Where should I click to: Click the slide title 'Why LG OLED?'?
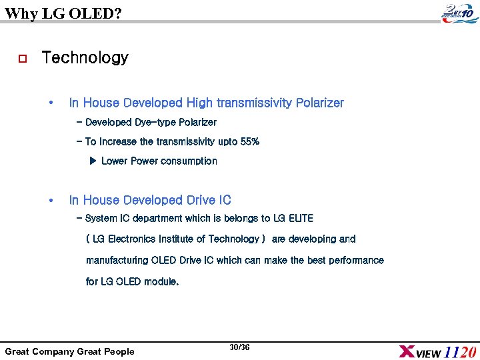pos(63,12)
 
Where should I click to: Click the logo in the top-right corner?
pos(459,12)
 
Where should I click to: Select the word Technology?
pos(85,58)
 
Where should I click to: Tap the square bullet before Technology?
pos(22,59)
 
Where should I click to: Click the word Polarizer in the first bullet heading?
pos(320,103)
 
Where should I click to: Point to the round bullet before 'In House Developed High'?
pos(51,103)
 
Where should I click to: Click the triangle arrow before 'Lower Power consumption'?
pos(93,161)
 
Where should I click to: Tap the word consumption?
pos(189,161)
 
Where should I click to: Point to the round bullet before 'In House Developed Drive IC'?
pos(51,200)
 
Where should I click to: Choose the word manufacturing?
pos(117,260)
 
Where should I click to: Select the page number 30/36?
pos(239,347)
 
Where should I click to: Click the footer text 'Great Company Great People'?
pos(69,351)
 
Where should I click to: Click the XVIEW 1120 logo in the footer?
pos(437,351)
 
